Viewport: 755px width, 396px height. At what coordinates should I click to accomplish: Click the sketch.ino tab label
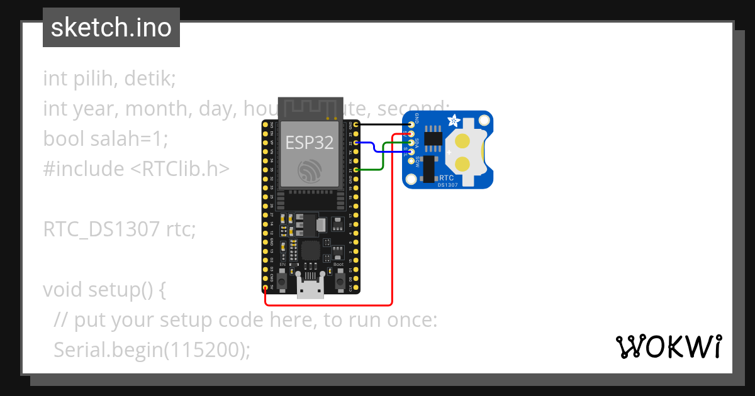111,28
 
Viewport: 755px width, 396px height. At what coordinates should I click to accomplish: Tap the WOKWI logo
669,346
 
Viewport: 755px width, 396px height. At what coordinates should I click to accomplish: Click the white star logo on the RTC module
453,119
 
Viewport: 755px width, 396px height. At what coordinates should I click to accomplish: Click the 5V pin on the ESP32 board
265,287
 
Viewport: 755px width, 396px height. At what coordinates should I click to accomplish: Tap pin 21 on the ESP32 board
357,170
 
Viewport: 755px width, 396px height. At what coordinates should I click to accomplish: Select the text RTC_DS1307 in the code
101,229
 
